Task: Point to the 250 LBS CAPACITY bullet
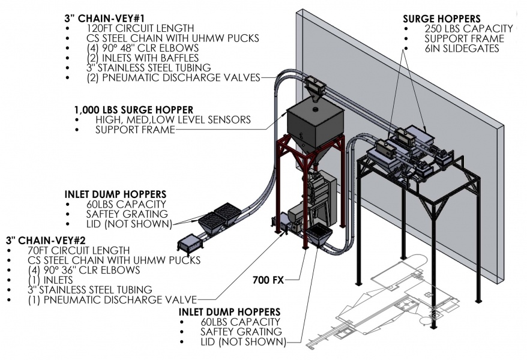(469, 29)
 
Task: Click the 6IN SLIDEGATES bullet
(461, 49)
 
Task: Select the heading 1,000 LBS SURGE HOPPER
(133, 110)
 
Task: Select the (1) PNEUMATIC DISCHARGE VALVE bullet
(112, 298)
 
